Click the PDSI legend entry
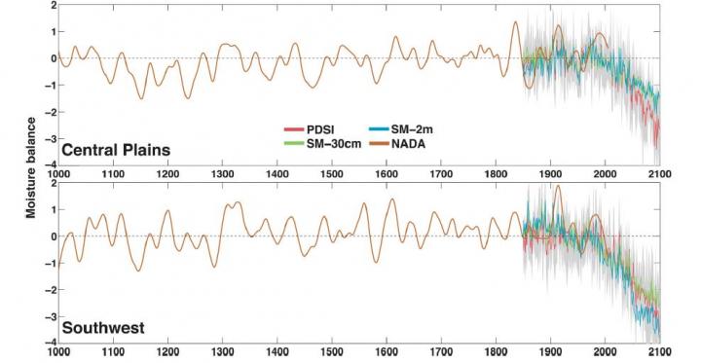(x=309, y=129)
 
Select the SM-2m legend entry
(x=400, y=129)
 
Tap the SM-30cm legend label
(x=334, y=144)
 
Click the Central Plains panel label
(x=116, y=150)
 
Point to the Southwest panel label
(x=103, y=328)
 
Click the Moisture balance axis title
(x=31, y=167)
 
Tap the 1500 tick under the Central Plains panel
(x=331, y=174)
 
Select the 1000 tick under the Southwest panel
(x=58, y=351)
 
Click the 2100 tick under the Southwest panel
(x=660, y=351)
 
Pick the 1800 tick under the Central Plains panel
(x=496, y=174)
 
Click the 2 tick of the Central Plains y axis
(x=54, y=5)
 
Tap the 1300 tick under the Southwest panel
(x=223, y=351)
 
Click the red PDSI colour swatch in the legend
(x=294, y=129)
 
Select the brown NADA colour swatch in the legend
(x=378, y=144)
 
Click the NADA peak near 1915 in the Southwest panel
(x=558, y=186)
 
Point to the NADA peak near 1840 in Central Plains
(x=515, y=21)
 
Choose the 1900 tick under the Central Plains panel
(x=550, y=174)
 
